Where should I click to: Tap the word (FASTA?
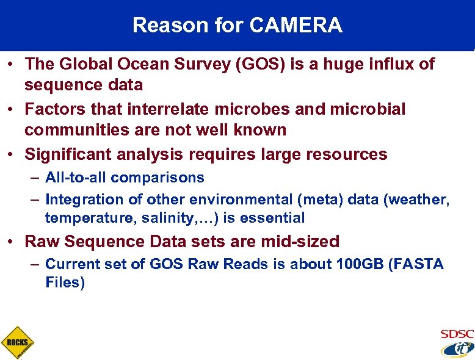[417, 264]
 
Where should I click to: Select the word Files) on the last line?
[65, 283]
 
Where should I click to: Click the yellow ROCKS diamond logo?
[17, 342]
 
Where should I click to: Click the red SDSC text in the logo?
[457, 334]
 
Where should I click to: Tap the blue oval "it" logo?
[457, 348]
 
